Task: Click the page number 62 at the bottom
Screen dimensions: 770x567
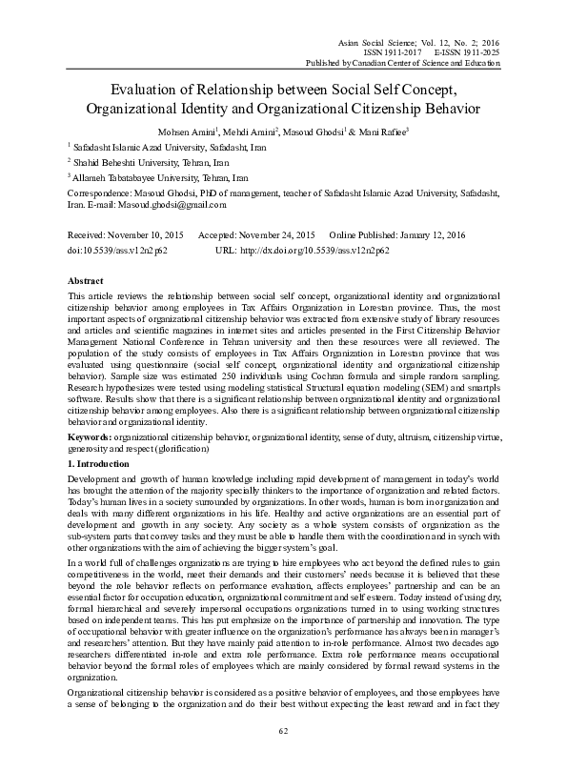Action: [x=283, y=731]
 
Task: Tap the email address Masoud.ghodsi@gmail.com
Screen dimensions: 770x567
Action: [x=173, y=204]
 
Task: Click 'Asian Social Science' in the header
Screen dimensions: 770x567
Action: [x=375, y=40]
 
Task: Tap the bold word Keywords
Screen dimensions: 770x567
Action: [x=93, y=436]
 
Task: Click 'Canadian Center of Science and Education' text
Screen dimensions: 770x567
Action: [x=423, y=62]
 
